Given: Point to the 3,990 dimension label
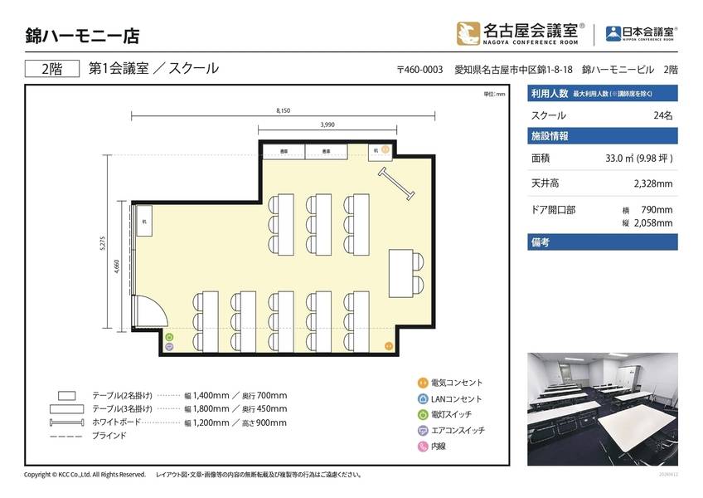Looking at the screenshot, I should click(327, 124).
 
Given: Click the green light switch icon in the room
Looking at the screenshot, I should click(169, 338).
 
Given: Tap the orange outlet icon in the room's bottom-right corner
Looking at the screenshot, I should click(386, 344).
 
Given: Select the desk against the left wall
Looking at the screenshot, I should click(144, 221).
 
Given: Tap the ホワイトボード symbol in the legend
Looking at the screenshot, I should click(66, 422).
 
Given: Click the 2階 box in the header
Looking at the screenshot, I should click(51, 69).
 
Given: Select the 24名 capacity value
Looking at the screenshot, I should click(663, 115).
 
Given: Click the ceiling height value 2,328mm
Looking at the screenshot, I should click(652, 183).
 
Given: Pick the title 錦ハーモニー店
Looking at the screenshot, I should click(82, 36).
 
